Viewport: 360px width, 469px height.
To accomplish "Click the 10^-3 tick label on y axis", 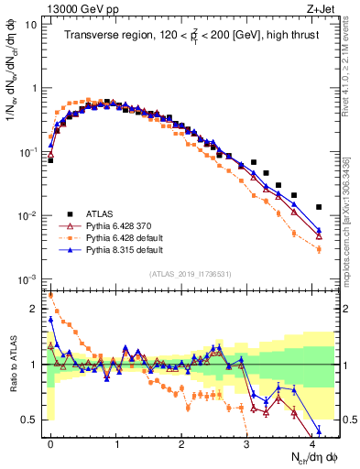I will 29,278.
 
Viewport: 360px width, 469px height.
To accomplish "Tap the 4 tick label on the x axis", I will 312,442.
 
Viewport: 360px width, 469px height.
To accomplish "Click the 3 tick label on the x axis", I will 247,442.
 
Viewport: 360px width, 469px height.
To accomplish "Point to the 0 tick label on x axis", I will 50,442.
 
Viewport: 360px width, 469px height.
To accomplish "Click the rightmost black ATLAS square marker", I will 319,207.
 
